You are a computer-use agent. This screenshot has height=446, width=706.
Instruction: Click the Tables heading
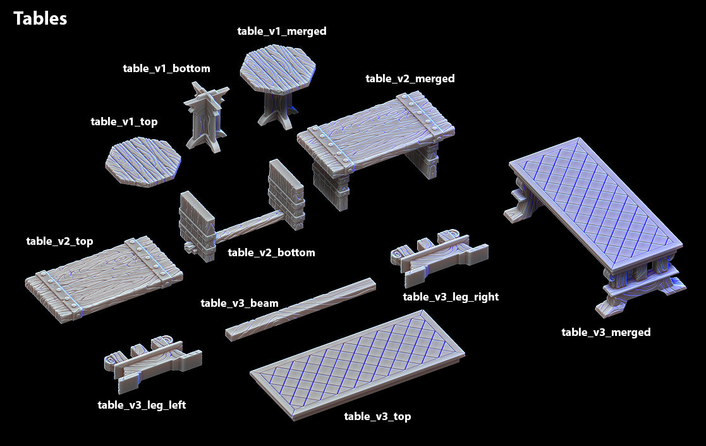tap(40, 19)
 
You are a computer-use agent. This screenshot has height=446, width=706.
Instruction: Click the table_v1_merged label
tap(282, 31)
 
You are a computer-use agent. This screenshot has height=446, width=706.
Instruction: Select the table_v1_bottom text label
tap(166, 68)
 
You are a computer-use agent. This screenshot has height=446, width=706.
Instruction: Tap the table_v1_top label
tap(124, 122)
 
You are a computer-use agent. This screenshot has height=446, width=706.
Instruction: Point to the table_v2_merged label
tap(410, 79)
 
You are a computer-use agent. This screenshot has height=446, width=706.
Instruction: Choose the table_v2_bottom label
tap(271, 253)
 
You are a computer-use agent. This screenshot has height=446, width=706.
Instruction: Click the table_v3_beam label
tap(239, 303)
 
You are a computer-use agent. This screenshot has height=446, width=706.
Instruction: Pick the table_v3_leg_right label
tap(451, 297)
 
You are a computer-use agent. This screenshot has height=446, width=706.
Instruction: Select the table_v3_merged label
tap(606, 332)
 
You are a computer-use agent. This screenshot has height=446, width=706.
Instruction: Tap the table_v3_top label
tap(377, 416)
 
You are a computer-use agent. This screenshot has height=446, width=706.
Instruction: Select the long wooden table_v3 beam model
tap(301, 309)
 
